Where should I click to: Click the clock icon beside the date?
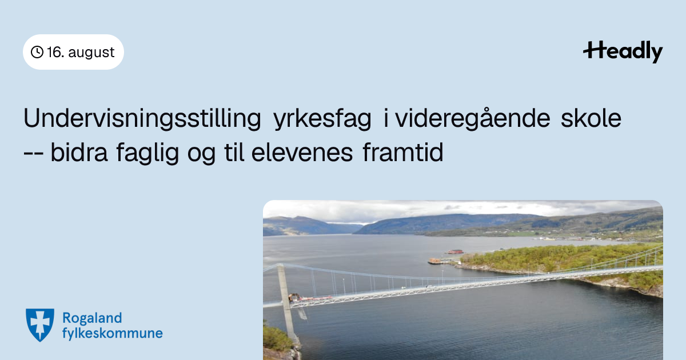tap(37, 52)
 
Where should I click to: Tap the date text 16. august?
tap(81, 52)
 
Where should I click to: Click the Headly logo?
tap(623, 51)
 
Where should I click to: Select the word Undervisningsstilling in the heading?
tap(142, 118)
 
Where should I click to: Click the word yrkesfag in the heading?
tap(322, 118)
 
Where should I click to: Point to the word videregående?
tap(473, 118)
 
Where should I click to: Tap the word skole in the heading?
tap(591, 118)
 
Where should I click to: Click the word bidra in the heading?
tap(79, 152)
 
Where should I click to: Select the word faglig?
tap(147, 153)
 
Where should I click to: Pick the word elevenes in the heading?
tap(302, 152)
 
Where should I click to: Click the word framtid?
tap(403, 152)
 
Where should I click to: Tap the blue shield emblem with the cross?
tap(40, 325)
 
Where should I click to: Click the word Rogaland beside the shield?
tap(92, 318)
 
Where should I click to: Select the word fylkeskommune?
tap(113, 333)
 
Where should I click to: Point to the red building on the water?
tap(455, 252)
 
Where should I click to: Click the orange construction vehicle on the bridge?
tap(294, 297)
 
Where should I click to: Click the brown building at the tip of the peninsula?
tap(434, 261)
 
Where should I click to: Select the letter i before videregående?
tap(386, 118)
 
